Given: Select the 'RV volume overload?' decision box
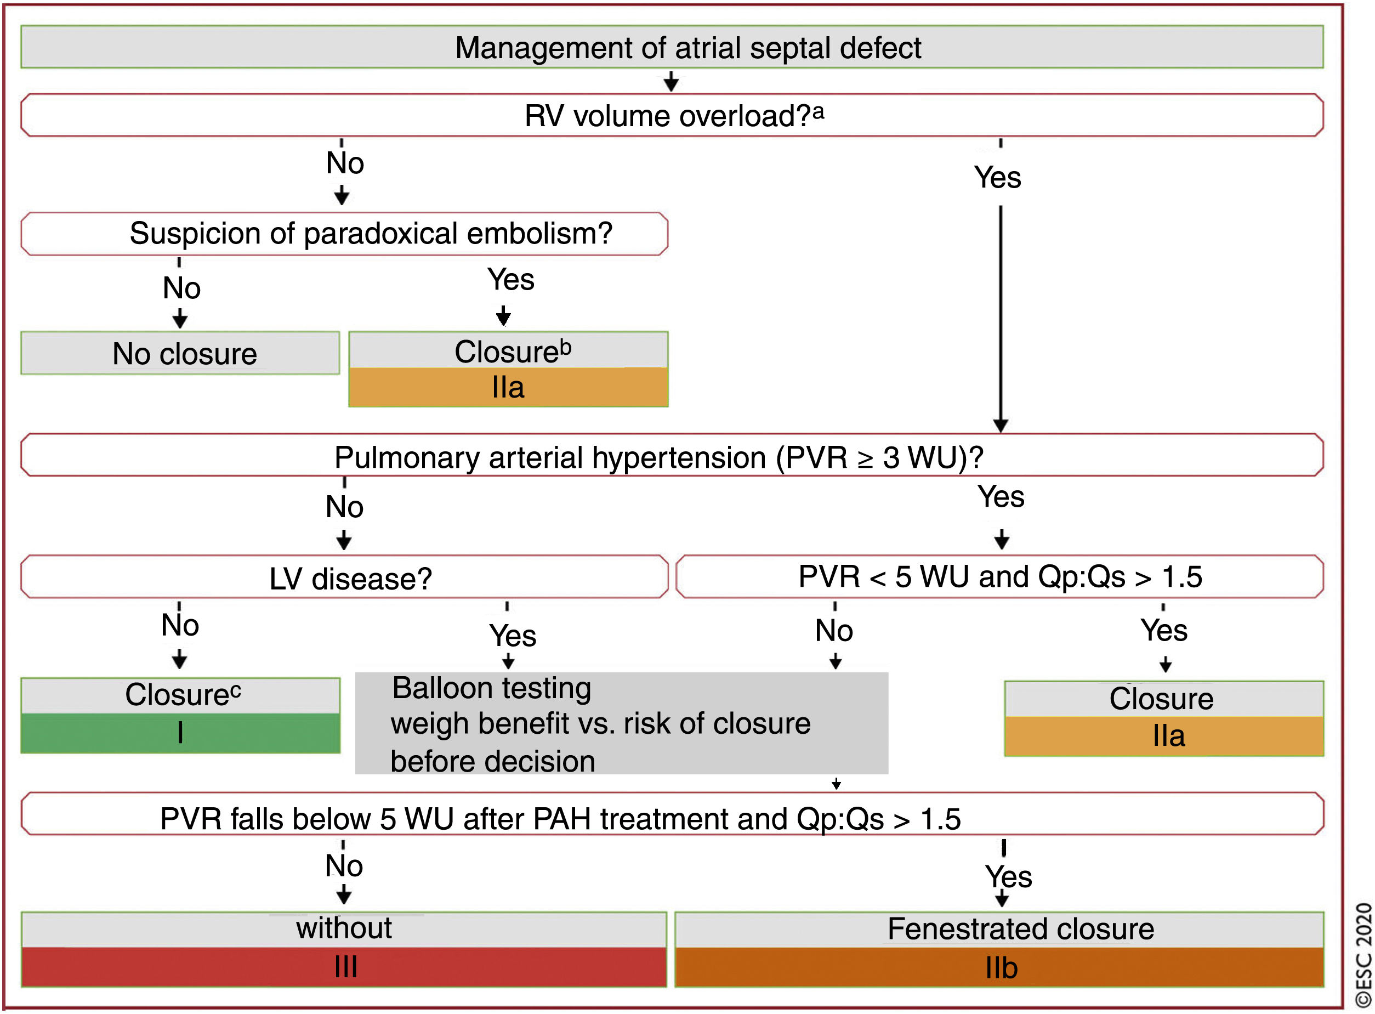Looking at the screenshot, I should [x=672, y=115].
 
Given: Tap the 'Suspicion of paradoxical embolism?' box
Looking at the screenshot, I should [x=371, y=233].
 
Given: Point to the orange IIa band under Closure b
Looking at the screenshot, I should [x=508, y=387].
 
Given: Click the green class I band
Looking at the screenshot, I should [x=180, y=732].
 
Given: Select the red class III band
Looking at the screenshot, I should [x=345, y=967].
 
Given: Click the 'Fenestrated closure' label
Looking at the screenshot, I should [x=1020, y=928].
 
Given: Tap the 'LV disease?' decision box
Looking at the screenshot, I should [x=350, y=578].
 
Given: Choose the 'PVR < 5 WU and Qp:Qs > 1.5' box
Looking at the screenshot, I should [x=999, y=576].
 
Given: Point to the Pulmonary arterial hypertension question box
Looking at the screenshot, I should [x=658, y=457].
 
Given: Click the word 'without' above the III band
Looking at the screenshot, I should [x=344, y=927].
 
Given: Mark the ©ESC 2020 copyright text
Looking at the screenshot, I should [x=1363, y=954].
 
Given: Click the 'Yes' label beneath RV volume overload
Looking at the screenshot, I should [x=997, y=177].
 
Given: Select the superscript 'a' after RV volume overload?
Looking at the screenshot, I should [x=819, y=112].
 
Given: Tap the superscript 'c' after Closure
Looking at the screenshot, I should [x=236, y=689].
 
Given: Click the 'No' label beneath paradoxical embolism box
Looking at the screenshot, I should [x=181, y=288].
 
